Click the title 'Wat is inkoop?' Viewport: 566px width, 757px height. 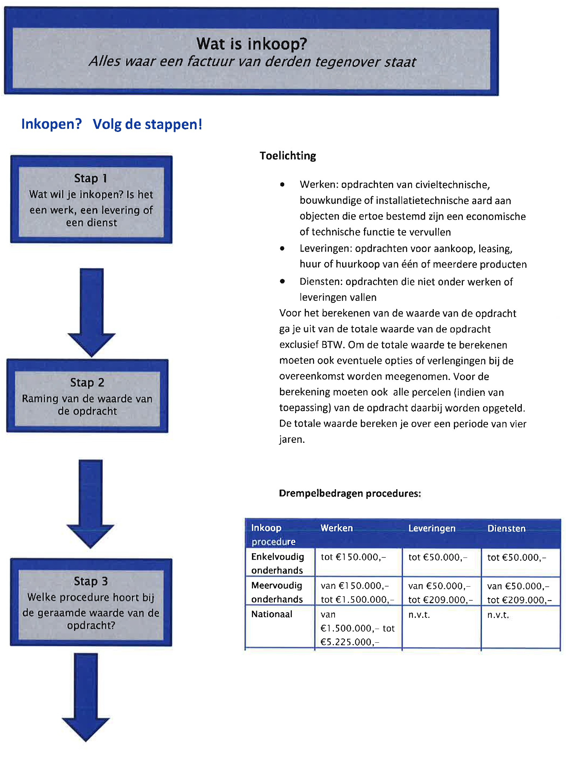tap(252, 44)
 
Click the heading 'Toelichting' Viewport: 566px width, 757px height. tap(287, 156)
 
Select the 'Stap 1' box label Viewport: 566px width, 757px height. tap(91, 178)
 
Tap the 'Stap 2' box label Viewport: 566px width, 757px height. tap(87, 382)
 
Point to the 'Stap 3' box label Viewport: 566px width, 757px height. tap(91, 581)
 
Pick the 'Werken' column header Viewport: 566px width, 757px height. tap(336, 528)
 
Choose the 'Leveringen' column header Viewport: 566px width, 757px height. tap(432, 528)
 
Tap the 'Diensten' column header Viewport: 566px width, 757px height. tap(506, 528)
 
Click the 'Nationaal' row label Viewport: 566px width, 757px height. tap(272, 614)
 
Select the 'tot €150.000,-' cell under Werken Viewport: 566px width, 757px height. tap(353, 557)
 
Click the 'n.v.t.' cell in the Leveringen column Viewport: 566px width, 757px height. tap(419, 615)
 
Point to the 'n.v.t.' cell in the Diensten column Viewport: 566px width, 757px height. tap(498, 615)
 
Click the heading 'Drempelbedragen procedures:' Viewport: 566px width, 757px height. tap(349, 493)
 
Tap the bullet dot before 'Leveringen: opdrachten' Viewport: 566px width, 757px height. tap(282, 248)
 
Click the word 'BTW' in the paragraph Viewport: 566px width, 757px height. tap(332, 345)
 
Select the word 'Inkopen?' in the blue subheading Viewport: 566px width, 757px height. tap(51, 124)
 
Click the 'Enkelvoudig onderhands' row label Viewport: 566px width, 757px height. tap(277, 563)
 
